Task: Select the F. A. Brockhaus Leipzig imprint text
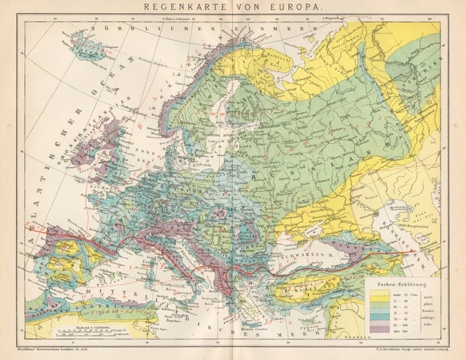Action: point(409,354)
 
